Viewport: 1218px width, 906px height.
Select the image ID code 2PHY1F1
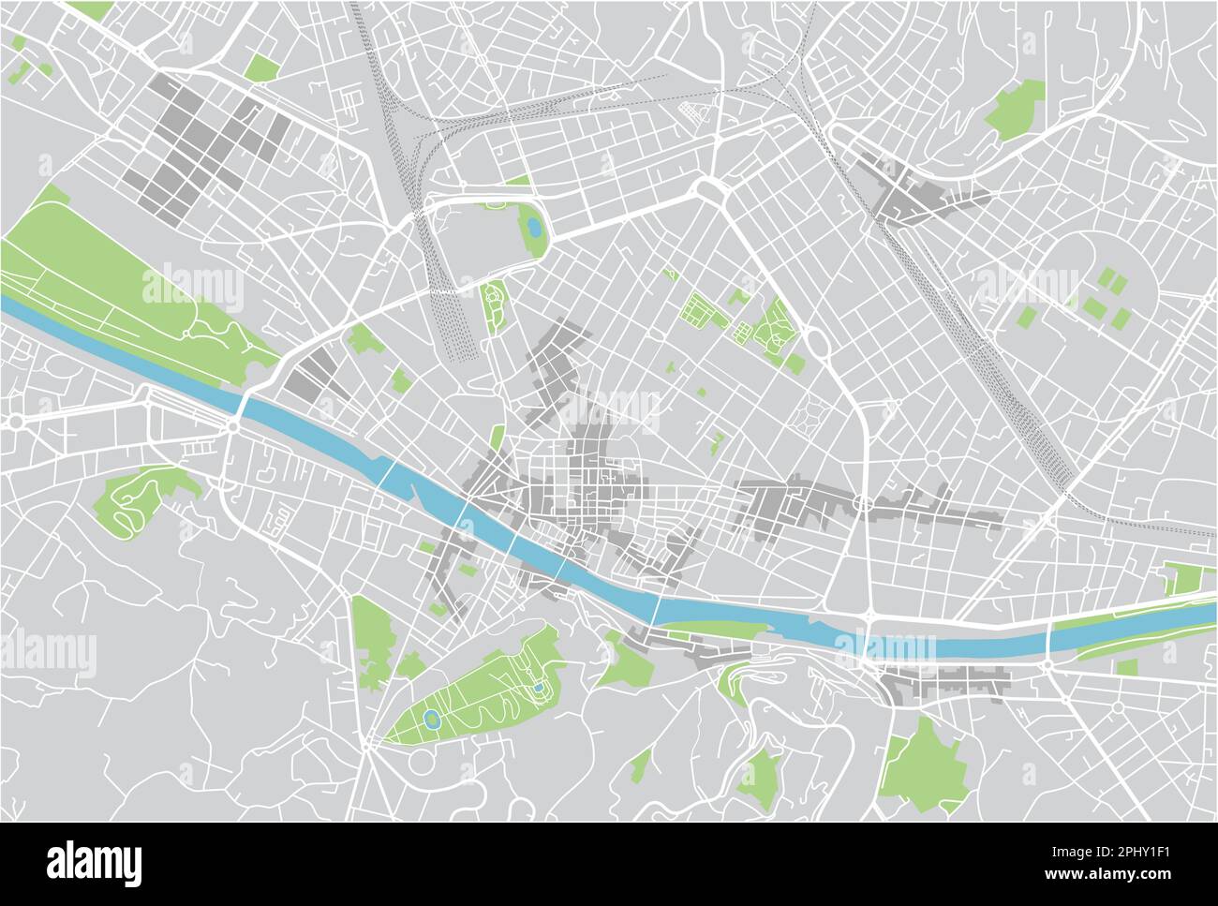coord(1136,851)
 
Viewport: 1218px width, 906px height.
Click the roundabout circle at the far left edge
coord(16,423)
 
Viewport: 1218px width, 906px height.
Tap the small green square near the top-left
coord(262,67)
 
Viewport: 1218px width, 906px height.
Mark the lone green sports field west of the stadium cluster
coord(1027,317)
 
